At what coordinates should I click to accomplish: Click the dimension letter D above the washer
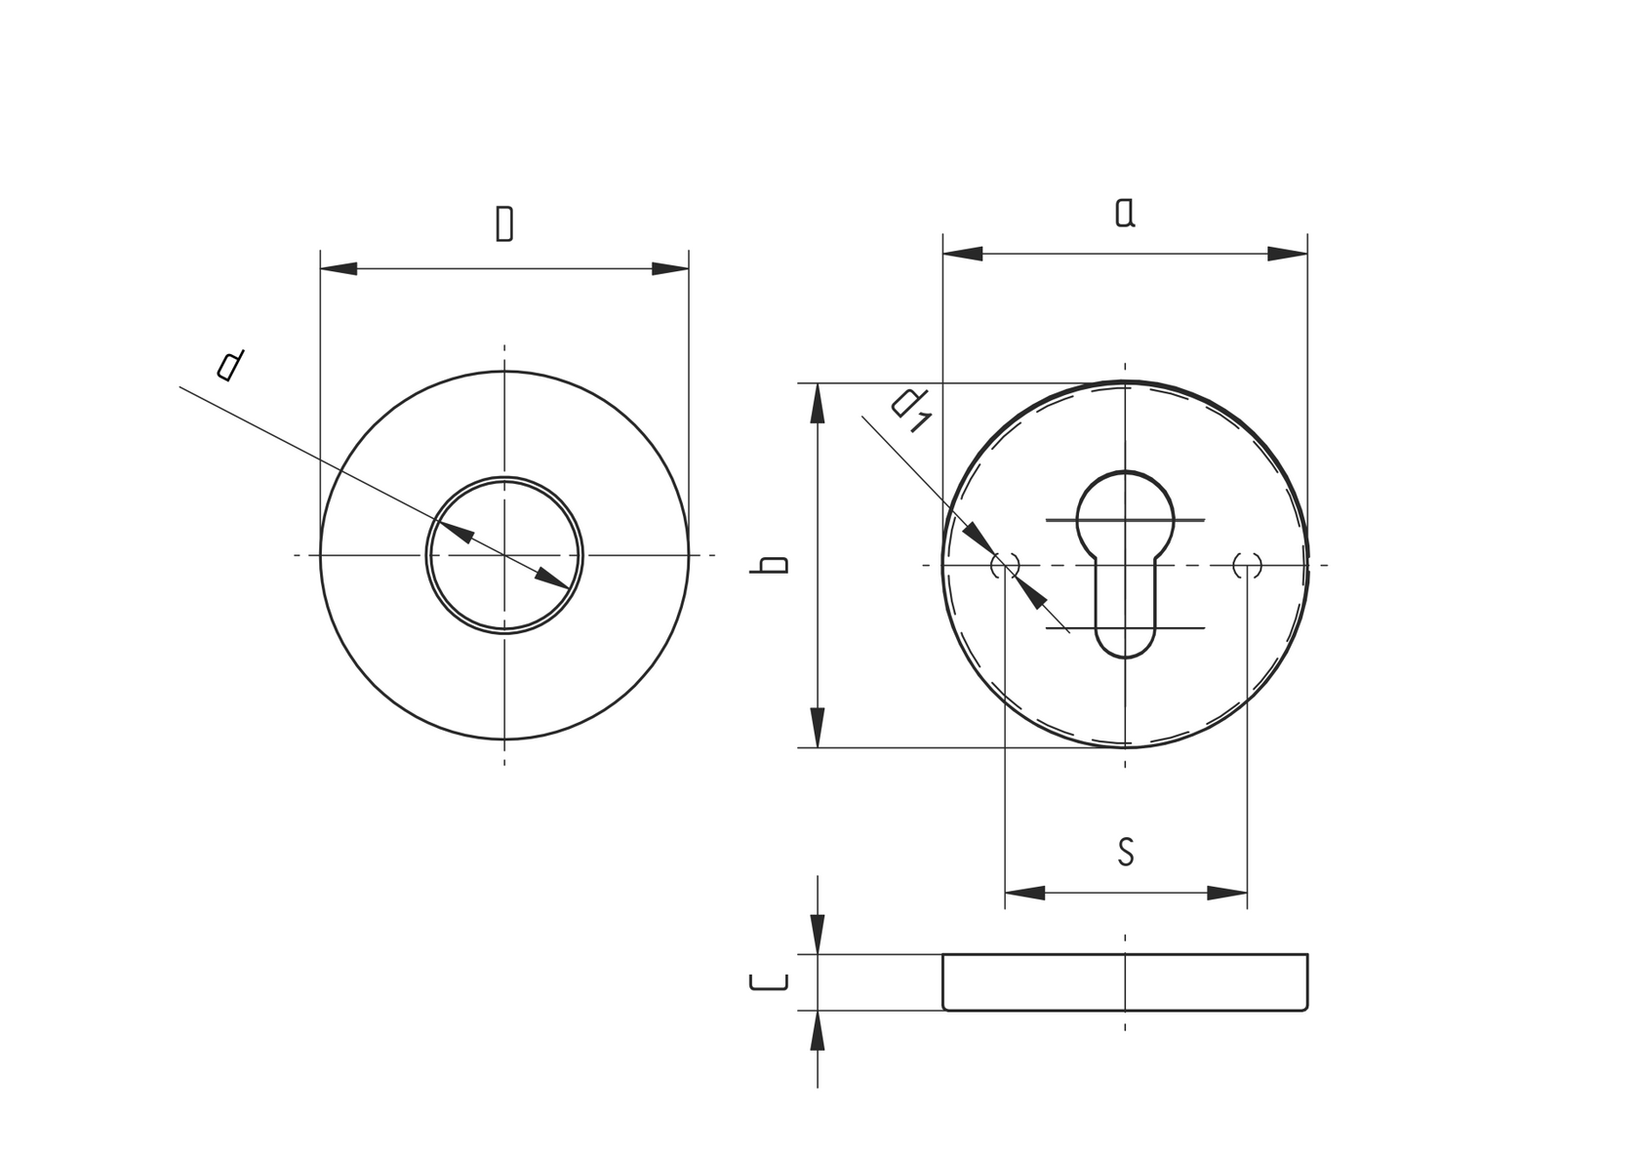(x=503, y=223)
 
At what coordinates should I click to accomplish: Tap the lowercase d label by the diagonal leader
(x=230, y=365)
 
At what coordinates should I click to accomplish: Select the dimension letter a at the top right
(x=1125, y=212)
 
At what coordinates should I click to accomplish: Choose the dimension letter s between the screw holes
(x=1126, y=852)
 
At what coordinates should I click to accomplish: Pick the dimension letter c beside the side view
(x=768, y=981)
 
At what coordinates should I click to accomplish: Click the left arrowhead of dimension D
(x=338, y=268)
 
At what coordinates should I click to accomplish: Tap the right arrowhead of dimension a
(x=1288, y=254)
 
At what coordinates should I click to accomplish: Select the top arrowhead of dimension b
(x=818, y=402)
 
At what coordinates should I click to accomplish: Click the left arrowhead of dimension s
(x=1023, y=893)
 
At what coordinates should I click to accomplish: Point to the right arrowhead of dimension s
(x=1228, y=893)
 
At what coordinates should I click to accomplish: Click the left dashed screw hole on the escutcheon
(x=1005, y=565)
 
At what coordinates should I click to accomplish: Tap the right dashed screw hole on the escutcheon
(x=1247, y=565)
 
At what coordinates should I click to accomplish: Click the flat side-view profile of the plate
(x=1125, y=981)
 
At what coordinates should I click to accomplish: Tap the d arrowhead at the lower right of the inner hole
(x=553, y=579)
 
